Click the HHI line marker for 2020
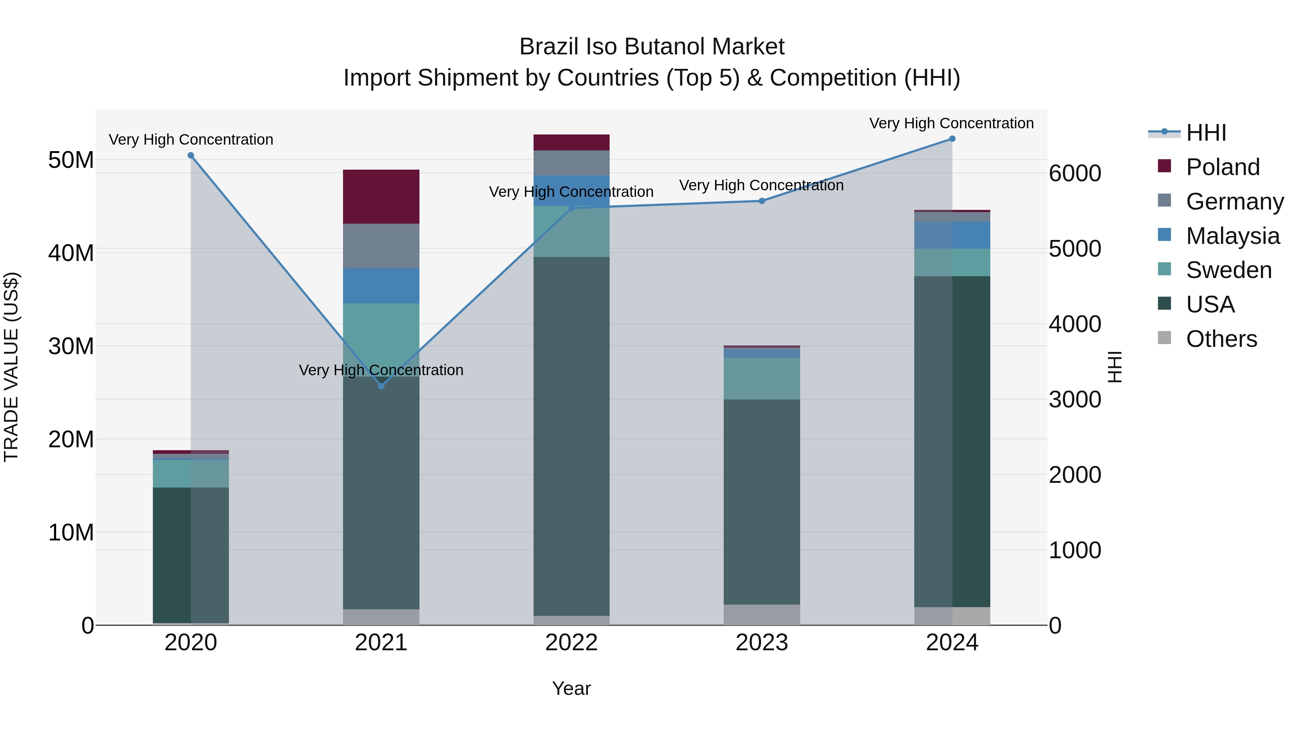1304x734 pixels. click(x=191, y=155)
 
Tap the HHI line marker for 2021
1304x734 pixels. click(x=381, y=386)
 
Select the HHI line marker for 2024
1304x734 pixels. click(x=952, y=139)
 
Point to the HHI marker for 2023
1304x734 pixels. click(x=762, y=201)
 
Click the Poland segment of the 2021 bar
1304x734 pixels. click(x=381, y=196)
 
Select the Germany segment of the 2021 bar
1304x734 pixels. click(x=381, y=246)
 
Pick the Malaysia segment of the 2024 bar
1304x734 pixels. click(x=952, y=235)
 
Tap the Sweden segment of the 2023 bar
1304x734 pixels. click(x=762, y=378)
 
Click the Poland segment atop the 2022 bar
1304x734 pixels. click(x=572, y=142)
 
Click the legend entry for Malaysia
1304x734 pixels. click(x=1232, y=236)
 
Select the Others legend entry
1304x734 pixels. click(x=1221, y=339)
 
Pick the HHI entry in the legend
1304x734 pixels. click(x=1206, y=133)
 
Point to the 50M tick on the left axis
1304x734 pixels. click(x=71, y=160)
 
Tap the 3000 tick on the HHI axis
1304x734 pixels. click(x=1075, y=400)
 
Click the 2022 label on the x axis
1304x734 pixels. click(x=572, y=643)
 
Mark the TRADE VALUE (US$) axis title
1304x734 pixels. click(x=11, y=367)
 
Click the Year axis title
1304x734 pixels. click(x=572, y=688)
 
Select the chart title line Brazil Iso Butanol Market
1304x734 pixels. click(x=652, y=47)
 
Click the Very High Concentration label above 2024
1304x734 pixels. click(x=952, y=123)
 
